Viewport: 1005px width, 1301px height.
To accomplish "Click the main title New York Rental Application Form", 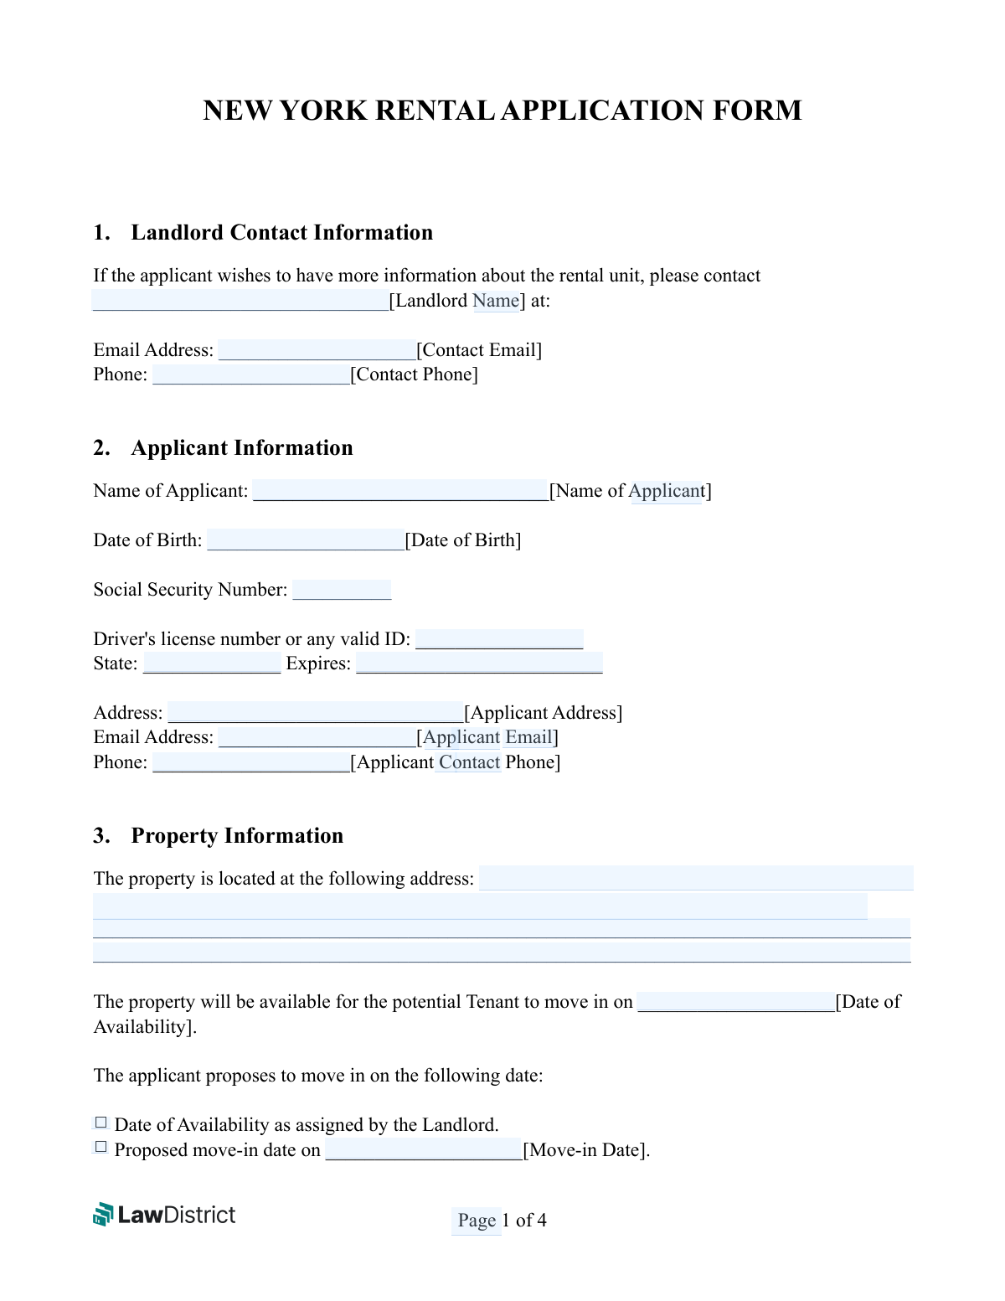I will coord(502,111).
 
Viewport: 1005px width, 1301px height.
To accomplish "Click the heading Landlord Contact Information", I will coord(281,233).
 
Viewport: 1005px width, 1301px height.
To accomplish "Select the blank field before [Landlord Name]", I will coord(240,301).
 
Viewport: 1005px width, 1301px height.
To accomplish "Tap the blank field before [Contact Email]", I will coord(317,350).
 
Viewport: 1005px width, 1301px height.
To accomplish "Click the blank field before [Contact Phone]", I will coord(250,374).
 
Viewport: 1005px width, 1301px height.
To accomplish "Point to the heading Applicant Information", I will coord(241,448).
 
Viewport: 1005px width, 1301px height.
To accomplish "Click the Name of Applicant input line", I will coord(400,491).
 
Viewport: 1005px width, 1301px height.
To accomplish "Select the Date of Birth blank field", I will coord(306,540).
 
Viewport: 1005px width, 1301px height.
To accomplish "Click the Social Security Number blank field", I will coord(342,590).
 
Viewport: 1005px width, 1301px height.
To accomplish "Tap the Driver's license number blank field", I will coord(499,639).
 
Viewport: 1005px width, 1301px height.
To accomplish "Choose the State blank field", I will coord(212,663).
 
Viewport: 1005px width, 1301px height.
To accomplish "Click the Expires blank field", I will coord(479,663).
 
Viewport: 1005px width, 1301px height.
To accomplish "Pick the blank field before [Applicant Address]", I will coord(316,713).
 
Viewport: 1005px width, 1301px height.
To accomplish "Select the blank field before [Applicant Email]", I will coord(317,737).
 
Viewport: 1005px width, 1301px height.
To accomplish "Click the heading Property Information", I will coord(237,836).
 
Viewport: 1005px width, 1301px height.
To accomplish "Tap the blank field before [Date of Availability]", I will coord(736,1002).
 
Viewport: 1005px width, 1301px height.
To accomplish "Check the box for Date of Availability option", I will coord(101,1123).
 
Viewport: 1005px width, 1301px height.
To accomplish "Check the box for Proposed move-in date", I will coord(101,1148).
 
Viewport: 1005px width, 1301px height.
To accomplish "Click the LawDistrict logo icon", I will coord(103,1215).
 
